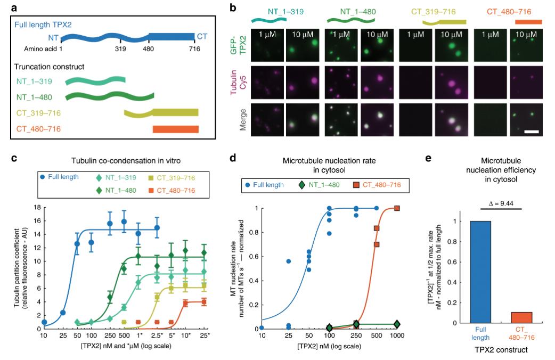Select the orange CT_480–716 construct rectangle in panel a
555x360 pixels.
point(175,129)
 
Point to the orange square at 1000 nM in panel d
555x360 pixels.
point(397,208)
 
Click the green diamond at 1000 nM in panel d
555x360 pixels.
point(397,324)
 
